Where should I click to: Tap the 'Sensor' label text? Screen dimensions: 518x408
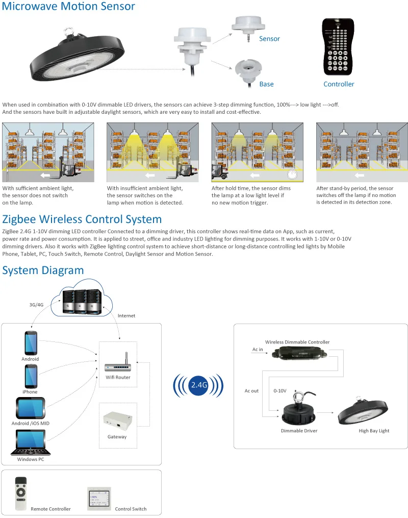(x=269, y=39)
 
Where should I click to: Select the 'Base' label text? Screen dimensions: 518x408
(x=266, y=84)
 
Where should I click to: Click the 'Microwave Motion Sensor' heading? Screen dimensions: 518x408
(x=69, y=7)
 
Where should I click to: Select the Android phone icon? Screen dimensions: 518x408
(x=30, y=343)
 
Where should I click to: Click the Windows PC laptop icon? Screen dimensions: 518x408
(x=31, y=443)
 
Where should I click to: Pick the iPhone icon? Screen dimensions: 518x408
(x=30, y=377)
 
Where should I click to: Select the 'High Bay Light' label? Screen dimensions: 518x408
(x=374, y=431)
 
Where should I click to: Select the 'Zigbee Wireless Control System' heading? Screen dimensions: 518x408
(x=82, y=219)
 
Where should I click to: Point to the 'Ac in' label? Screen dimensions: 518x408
(x=258, y=350)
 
